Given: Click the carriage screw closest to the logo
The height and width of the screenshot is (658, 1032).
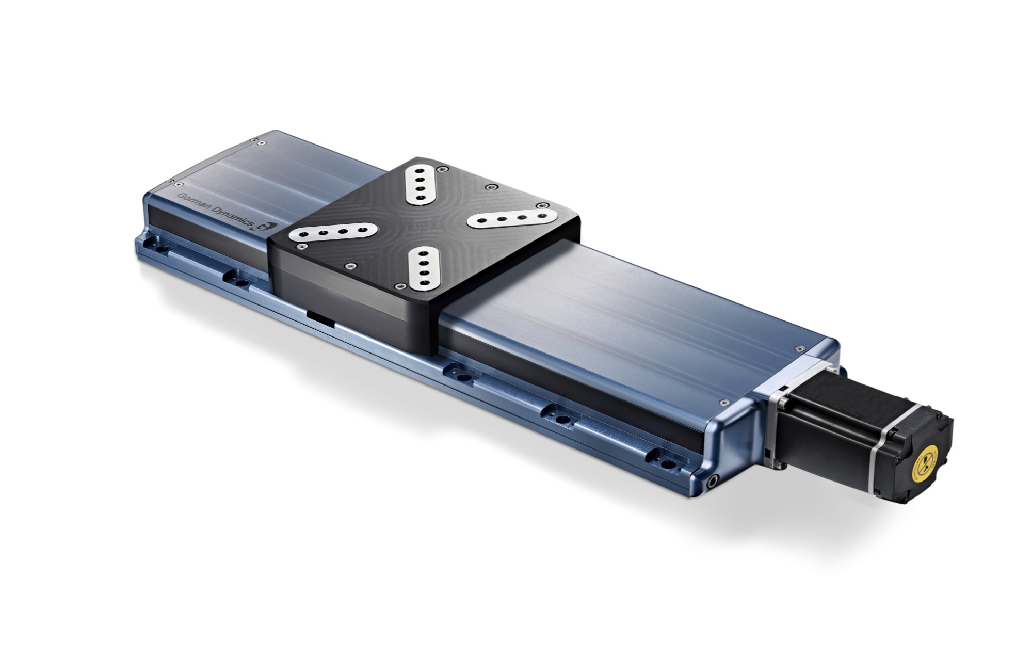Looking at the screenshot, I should [299, 248].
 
